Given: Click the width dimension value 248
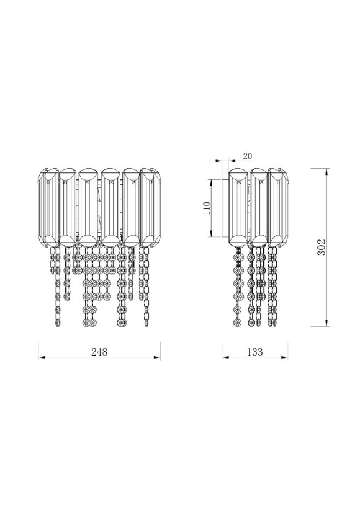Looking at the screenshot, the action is pos(99,352).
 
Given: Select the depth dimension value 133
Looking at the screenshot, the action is pos(255,352).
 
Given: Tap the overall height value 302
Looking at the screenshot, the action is pos(321,247).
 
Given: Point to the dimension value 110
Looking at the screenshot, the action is pos(206,208).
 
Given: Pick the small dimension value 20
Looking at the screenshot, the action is pos(248,156).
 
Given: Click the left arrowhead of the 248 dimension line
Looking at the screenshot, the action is pos(41,358).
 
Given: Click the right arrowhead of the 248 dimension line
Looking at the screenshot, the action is pos(158,358).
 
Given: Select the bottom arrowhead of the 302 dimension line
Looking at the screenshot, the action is pos(326,323).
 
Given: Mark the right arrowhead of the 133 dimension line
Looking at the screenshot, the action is pos(285,358).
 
